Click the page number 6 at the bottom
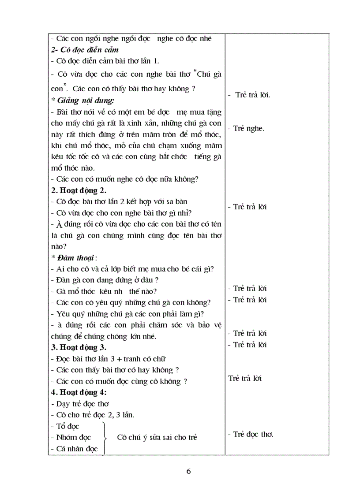tap(188, 471)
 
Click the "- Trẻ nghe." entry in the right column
tap(246, 129)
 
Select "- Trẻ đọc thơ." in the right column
tap(251, 434)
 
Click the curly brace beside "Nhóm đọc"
tap(105, 437)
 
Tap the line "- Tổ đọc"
tap(65, 426)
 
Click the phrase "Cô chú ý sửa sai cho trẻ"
tap(157, 437)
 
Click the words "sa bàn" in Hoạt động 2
tap(177, 201)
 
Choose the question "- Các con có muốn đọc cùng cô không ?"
tap(119, 381)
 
